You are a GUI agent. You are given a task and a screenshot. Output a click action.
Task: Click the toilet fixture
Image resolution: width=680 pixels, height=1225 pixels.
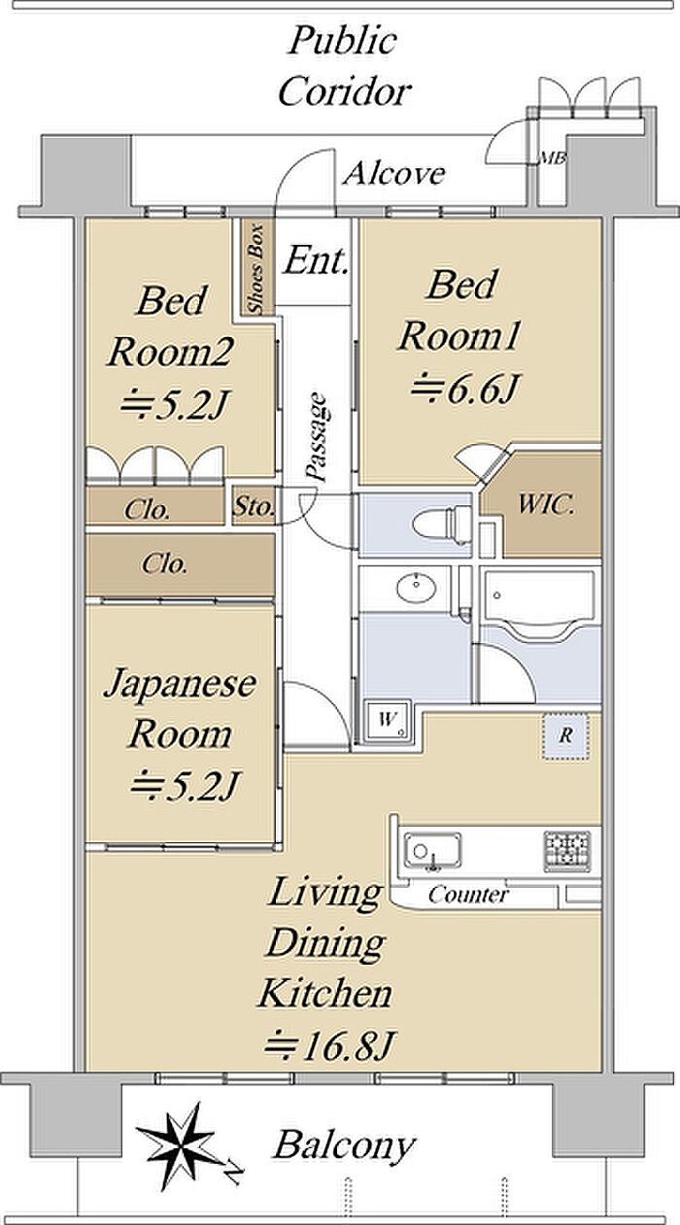[441, 523]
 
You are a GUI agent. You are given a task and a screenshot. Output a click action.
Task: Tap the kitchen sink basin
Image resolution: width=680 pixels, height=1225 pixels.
[432, 850]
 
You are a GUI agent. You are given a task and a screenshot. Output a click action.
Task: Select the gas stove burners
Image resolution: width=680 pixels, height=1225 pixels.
[567, 850]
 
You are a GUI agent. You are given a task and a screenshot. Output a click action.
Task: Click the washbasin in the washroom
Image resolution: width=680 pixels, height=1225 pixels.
[417, 588]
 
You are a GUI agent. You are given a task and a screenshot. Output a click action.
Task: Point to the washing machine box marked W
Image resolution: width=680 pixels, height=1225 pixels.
[388, 720]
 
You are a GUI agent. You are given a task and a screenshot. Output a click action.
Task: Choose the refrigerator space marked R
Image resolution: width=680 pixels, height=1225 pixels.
[565, 736]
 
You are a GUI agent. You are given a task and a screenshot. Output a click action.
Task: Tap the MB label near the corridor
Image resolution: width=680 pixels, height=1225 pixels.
[552, 158]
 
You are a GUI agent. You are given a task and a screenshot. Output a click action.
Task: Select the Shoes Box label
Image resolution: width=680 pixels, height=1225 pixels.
[255, 268]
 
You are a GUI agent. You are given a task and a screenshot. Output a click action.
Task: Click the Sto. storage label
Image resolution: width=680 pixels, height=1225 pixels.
[254, 506]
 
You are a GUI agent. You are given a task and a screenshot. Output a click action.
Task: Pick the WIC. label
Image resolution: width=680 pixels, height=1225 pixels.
[546, 504]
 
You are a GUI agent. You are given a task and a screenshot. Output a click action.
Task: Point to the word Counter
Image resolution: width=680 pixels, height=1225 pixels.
[468, 896]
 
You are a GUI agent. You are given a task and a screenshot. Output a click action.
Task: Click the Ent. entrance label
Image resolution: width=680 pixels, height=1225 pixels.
[317, 260]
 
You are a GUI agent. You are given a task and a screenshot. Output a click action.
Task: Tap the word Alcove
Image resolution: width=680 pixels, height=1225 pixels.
[394, 173]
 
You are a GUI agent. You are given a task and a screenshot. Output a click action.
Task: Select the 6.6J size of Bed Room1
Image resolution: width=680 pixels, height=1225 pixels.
[465, 389]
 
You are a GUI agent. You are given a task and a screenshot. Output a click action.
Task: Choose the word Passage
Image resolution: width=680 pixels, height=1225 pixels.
[318, 437]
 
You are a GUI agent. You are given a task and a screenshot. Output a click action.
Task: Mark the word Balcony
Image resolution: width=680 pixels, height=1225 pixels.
[345, 1145]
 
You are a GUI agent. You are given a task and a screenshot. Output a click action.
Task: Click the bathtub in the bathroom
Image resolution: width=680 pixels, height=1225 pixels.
[539, 603]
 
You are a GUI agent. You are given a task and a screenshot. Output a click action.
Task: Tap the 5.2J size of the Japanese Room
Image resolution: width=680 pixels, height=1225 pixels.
[185, 786]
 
